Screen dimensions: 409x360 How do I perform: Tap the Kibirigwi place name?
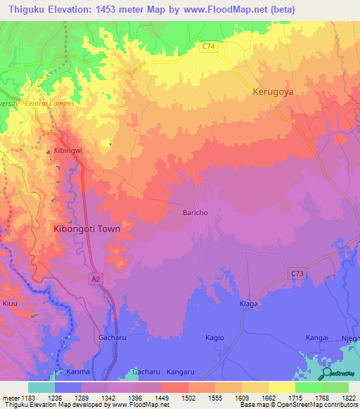(70, 151)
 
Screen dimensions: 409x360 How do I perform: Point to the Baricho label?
(195, 212)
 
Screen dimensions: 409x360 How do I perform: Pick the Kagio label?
(214, 338)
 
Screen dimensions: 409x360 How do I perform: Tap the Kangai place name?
(317, 338)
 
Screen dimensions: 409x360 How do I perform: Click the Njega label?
(351, 338)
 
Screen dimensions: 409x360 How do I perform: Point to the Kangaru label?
(181, 370)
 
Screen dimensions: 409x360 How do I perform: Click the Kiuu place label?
(10, 304)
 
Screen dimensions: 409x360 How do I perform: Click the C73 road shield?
(295, 272)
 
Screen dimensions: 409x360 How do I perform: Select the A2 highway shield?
(96, 280)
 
